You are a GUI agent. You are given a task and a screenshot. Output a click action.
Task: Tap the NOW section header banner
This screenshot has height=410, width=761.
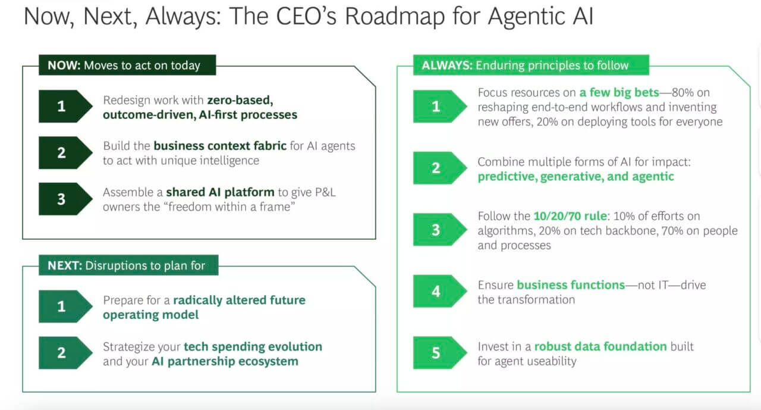point(127,65)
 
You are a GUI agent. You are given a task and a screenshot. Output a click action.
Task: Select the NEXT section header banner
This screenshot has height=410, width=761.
point(128,265)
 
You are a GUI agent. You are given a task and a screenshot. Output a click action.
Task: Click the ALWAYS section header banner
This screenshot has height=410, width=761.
point(531,65)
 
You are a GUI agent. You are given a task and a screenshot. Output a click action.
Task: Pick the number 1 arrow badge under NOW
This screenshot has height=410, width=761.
point(65,107)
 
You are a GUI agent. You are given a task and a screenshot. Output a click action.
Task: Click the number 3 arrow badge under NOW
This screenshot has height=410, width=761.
point(65,199)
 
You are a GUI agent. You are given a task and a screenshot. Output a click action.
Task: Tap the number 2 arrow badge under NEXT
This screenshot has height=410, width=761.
point(65,353)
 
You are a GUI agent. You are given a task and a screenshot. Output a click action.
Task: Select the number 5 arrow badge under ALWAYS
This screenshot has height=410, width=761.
point(439,353)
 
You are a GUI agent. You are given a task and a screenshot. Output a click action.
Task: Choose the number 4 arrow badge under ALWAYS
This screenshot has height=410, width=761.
point(439,292)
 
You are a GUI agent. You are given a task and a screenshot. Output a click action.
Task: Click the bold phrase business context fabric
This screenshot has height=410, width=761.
point(220,146)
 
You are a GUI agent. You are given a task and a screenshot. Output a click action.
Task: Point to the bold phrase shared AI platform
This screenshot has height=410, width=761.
point(220,192)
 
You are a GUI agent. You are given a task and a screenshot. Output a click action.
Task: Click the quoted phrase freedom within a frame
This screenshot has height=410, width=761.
point(231,206)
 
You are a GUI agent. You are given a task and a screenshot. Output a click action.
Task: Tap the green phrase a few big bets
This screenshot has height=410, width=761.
point(620,92)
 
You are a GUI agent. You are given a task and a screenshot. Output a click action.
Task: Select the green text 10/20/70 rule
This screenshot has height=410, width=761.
point(570,216)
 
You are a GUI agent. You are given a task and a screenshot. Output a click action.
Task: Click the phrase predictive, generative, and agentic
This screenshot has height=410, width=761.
point(576,177)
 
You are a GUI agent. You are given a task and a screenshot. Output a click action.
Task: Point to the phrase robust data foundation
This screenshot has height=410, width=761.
point(600,346)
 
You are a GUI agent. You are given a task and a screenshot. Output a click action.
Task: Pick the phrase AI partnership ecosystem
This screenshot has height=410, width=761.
point(225,361)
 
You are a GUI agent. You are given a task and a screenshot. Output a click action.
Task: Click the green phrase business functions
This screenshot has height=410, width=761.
point(571,285)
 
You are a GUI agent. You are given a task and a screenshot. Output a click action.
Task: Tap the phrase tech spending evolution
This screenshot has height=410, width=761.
point(253,347)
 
